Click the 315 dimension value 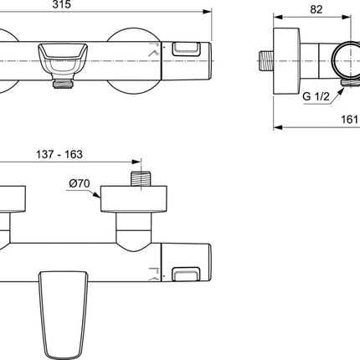tap(62, 4)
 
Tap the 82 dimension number tap(316, 9)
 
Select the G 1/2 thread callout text tap(316, 96)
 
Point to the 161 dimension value tap(349, 120)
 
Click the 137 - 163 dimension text tap(59, 154)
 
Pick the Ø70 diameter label tap(80, 183)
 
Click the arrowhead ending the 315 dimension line tap(207, 12)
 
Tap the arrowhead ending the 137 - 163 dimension tap(136, 162)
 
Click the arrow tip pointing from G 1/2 tap(343, 89)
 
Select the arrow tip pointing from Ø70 tap(100, 198)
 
